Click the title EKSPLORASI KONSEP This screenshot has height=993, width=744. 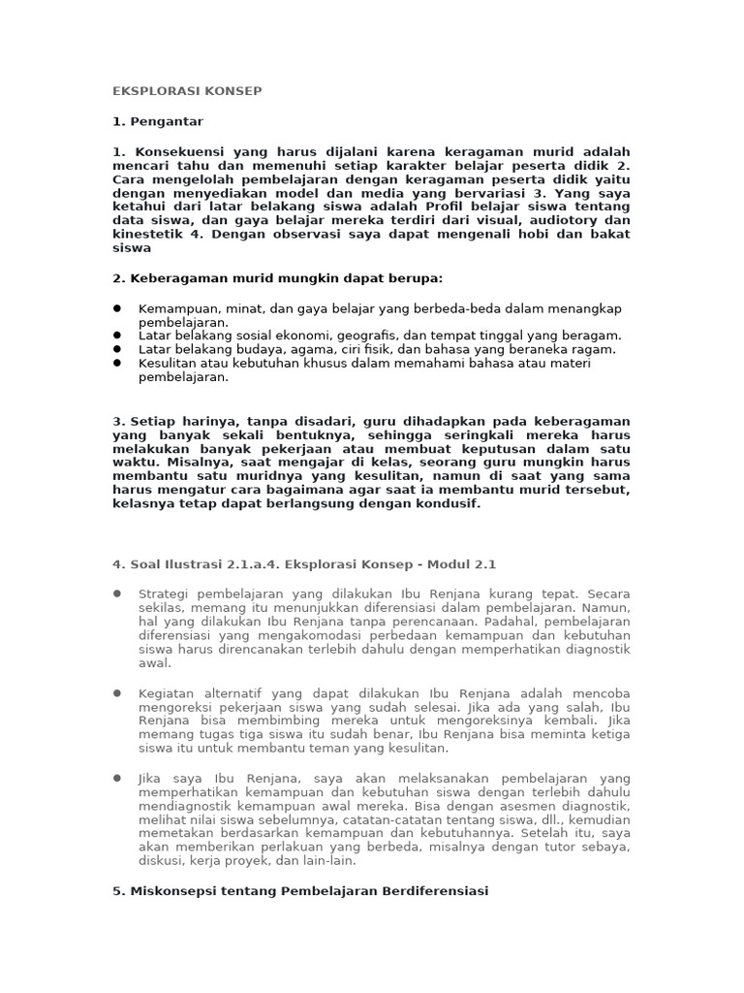tap(187, 91)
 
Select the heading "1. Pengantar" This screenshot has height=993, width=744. tap(158, 121)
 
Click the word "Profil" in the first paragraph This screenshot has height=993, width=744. tap(446, 207)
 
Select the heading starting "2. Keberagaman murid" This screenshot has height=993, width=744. tap(277, 278)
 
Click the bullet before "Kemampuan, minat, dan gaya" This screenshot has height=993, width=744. tap(117, 308)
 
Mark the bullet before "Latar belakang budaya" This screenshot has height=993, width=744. tap(117, 349)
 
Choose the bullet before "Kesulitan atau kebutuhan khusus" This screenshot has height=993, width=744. tap(117, 363)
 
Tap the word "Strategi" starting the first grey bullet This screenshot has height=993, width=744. tap(166, 593)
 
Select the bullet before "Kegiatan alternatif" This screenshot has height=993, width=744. tap(117, 693)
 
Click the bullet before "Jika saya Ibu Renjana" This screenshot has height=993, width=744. tap(117, 779)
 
